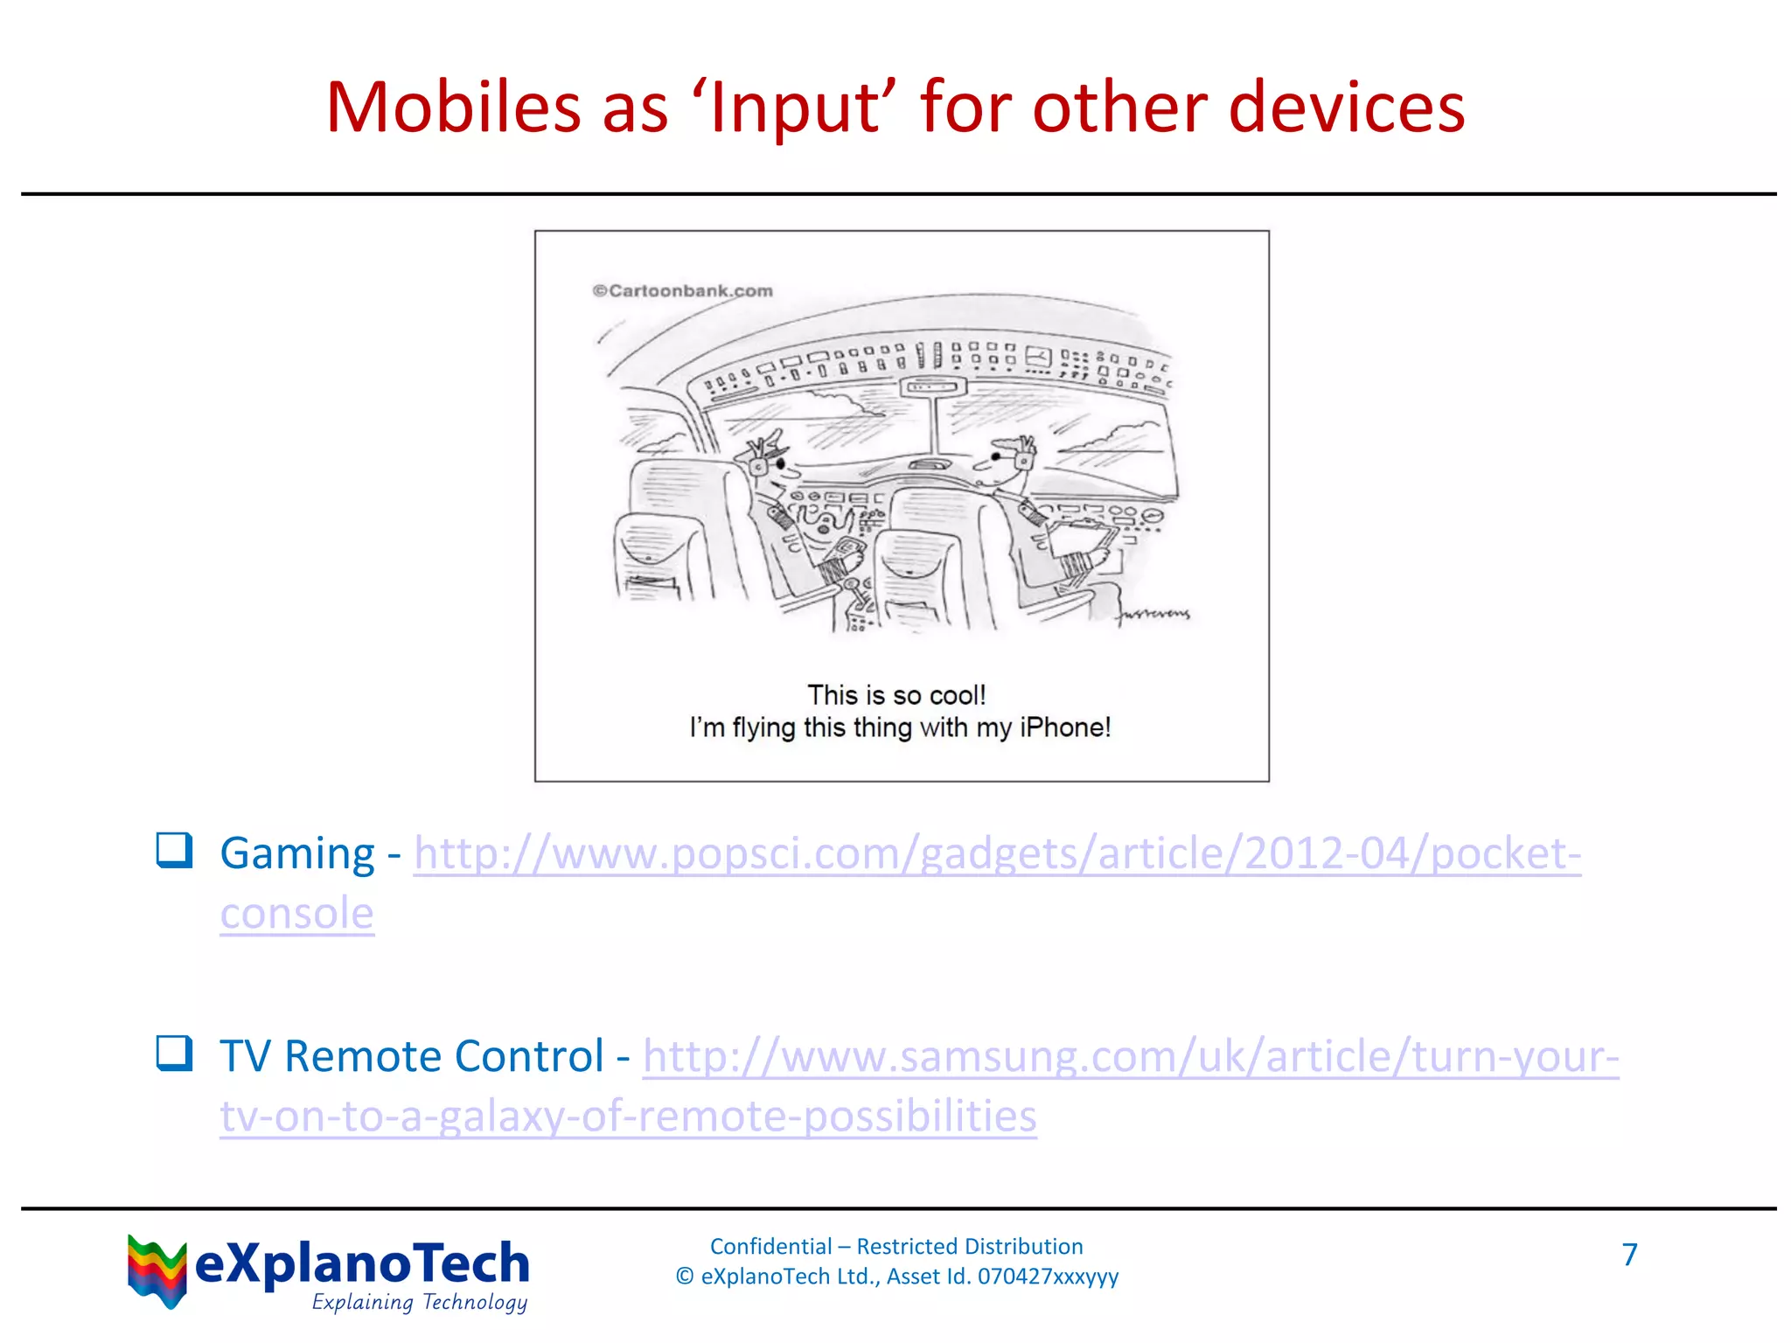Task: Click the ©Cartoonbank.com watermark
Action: tap(682, 290)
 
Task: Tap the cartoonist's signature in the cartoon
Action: tap(1153, 614)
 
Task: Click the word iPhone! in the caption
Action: tap(1064, 727)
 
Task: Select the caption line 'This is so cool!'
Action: tap(896, 695)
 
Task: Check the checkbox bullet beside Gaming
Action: tap(174, 850)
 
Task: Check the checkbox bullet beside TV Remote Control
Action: tap(174, 1053)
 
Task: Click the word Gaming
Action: tap(297, 853)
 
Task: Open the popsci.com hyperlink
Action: tap(997, 853)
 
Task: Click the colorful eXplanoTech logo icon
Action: tap(157, 1270)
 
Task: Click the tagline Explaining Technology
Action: tap(420, 1302)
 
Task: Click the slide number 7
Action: tap(1629, 1255)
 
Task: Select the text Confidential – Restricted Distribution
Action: tap(896, 1246)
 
